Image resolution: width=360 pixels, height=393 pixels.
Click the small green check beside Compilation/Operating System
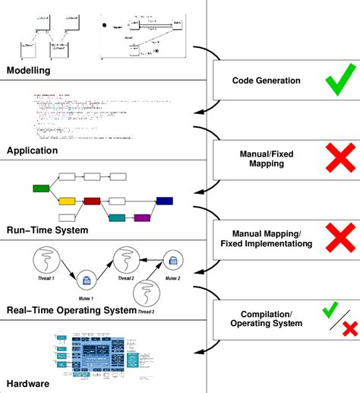(330, 309)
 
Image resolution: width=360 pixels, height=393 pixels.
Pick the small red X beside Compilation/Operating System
(350, 328)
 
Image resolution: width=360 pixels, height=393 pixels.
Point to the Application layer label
(32, 151)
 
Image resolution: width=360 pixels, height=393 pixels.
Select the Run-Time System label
(47, 230)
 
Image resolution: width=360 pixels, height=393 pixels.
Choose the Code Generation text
(266, 81)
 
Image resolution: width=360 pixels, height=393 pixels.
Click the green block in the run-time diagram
(41, 186)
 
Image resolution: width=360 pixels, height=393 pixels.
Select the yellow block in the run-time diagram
(67, 201)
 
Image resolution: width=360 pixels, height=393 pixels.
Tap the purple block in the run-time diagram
(142, 217)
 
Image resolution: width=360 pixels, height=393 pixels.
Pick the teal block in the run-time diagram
(117, 217)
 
